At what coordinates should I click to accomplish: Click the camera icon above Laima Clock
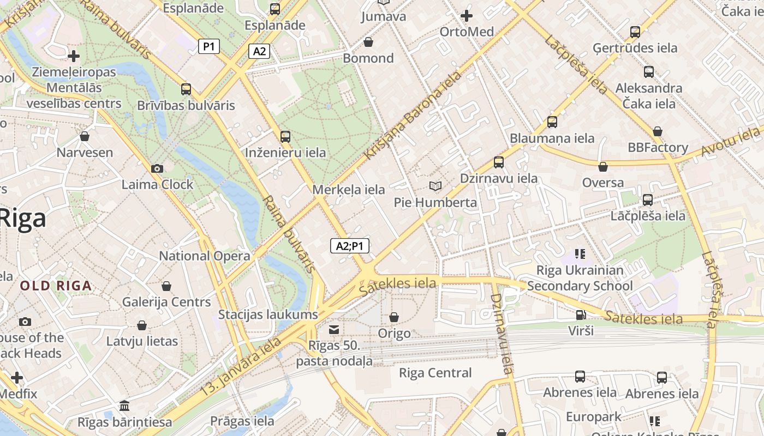coord(157,169)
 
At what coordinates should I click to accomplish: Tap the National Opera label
coord(205,256)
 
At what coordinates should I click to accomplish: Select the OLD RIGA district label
coord(56,286)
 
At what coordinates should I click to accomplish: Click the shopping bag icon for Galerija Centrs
coord(166,286)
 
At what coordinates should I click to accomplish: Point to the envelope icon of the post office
coord(334,330)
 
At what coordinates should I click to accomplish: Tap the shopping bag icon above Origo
coord(394,317)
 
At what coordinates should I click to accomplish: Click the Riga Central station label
coord(435,373)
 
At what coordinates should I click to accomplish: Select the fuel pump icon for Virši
coord(581,315)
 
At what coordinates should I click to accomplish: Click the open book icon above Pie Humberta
coord(435,186)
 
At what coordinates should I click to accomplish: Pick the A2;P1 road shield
coord(350,246)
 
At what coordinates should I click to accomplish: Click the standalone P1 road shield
coord(208,46)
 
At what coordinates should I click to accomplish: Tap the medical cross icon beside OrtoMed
coord(467,16)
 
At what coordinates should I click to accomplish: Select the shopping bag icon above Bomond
coord(368,42)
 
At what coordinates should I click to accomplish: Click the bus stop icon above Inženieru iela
coord(285,137)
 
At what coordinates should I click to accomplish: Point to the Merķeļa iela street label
coord(349,190)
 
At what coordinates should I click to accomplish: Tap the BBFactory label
coord(658,147)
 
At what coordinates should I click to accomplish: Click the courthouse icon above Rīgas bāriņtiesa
coord(124,406)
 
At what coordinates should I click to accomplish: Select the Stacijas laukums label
coord(268,314)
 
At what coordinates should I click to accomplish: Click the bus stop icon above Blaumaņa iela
coord(552,122)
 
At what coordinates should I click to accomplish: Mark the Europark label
coord(593,417)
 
